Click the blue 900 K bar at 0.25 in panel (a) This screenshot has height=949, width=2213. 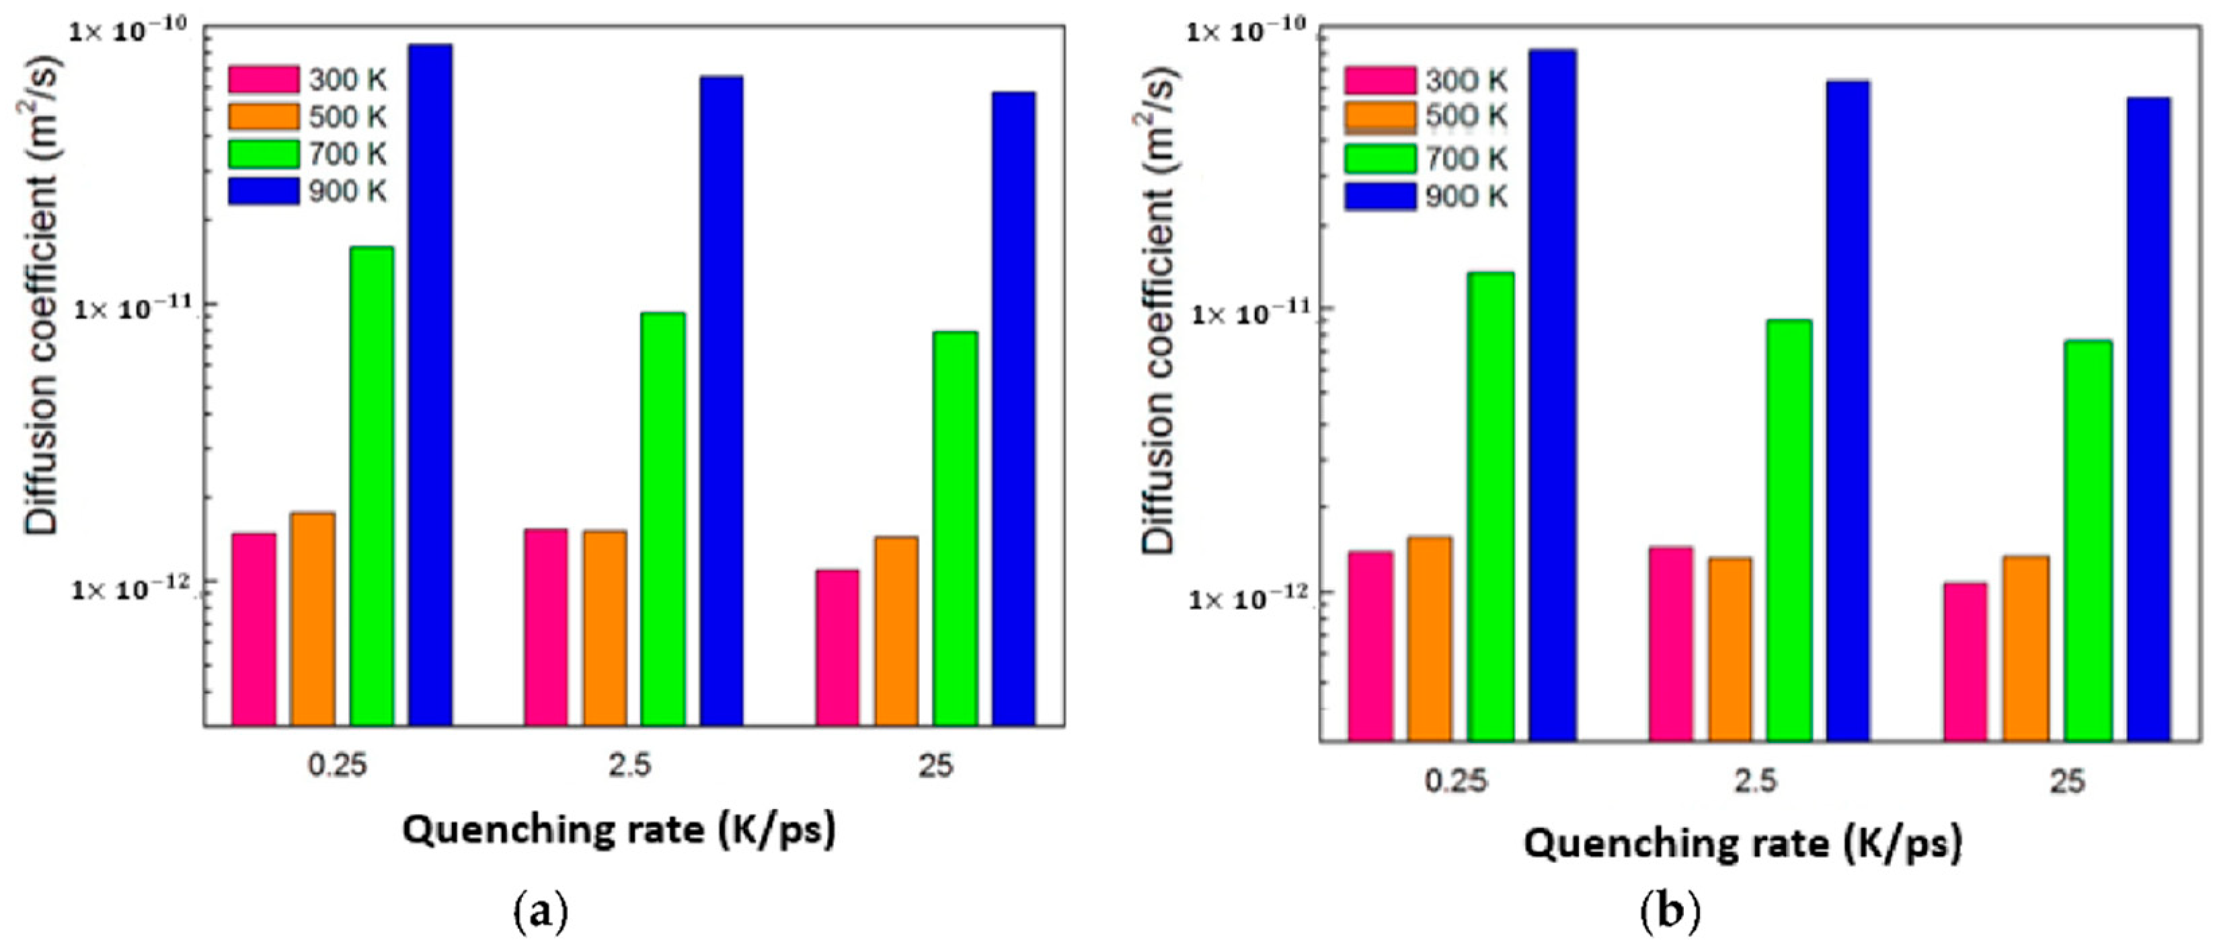(430, 387)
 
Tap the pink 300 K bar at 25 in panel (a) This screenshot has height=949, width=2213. (838, 649)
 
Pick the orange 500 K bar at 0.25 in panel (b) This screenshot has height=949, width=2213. (1430, 640)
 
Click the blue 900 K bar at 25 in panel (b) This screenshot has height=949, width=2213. (2148, 421)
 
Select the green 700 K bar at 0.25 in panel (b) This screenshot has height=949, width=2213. (1491, 507)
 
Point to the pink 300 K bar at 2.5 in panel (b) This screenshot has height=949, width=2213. (1671, 645)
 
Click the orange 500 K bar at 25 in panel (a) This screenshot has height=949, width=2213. (896, 632)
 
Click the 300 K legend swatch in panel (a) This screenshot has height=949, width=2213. (263, 79)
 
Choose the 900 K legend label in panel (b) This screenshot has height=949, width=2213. (1467, 197)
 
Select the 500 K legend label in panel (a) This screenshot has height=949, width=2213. (348, 117)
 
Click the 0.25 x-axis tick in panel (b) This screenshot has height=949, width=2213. (1455, 781)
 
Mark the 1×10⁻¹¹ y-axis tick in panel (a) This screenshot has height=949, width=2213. (137, 307)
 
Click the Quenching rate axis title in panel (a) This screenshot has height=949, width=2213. (619, 831)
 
